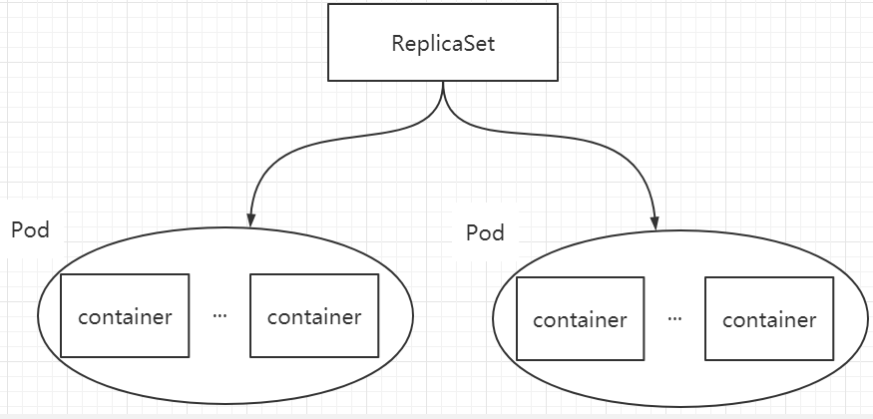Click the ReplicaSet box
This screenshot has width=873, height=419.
pos(443,42)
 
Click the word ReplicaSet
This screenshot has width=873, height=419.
pos(443,44)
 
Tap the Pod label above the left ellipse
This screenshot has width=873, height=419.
pos(31,229)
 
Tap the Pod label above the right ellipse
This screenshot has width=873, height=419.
pos(486,232)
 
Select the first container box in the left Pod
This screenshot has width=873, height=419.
pos(125,315)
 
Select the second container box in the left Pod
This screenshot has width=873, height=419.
pos(314,315)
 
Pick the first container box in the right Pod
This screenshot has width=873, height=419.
pos(580,318)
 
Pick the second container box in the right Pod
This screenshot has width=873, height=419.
pos(769,318)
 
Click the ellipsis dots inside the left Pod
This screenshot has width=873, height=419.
pos(219,315)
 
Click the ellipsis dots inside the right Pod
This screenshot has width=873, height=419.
pos(674,319)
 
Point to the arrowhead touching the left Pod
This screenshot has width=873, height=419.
pos(251,220)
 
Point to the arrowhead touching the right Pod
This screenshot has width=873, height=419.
pos(655,222)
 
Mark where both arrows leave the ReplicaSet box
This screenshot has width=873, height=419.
pos(443,82)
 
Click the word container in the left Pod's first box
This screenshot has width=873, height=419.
pos(125,316)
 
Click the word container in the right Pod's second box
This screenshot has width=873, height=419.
pos(769,320)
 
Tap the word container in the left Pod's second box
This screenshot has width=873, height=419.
pos(314,316)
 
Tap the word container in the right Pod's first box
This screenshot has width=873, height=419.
pos(580,320)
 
